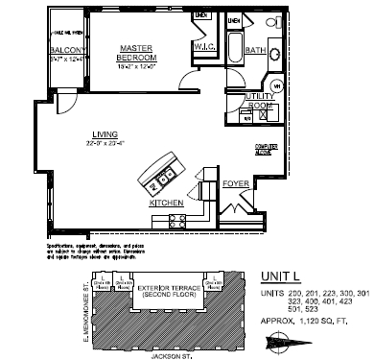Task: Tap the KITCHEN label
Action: tap(167, 204)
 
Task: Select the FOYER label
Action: tap(235, 181)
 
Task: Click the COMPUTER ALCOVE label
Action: tap(267, 149)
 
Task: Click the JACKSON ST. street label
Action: tap(173, 354)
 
